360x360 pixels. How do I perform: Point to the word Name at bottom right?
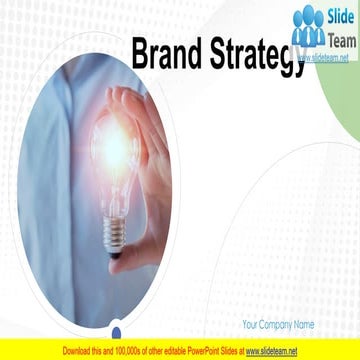point(304,325)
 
